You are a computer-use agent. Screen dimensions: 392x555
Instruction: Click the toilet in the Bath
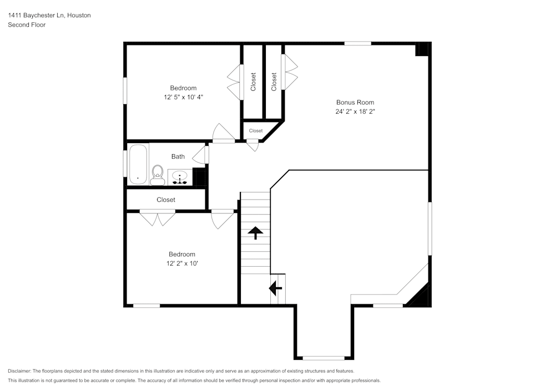157,175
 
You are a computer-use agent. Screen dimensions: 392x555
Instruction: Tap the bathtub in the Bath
137,164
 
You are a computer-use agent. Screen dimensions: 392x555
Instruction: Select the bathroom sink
180,177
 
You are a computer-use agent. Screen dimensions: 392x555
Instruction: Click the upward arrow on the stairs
255,232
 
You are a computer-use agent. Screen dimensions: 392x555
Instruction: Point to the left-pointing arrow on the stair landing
275,288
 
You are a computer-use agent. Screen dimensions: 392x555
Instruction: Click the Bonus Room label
355,102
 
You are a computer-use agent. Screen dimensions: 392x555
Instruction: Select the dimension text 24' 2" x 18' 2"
355,111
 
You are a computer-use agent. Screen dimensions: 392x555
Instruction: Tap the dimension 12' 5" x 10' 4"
183,97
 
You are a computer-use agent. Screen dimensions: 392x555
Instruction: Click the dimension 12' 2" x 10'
182,263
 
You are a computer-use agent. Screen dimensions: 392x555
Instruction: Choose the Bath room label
178,156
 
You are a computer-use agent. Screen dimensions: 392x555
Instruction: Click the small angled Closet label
256,131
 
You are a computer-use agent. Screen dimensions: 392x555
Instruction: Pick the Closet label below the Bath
166,200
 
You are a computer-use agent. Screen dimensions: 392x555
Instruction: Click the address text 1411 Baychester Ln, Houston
49,16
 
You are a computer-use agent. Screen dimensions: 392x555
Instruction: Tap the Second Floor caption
27,25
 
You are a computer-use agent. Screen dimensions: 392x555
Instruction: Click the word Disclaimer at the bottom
19,371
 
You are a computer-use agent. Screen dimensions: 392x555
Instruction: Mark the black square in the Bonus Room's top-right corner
422,49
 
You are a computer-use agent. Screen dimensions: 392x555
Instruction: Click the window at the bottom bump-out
323,358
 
